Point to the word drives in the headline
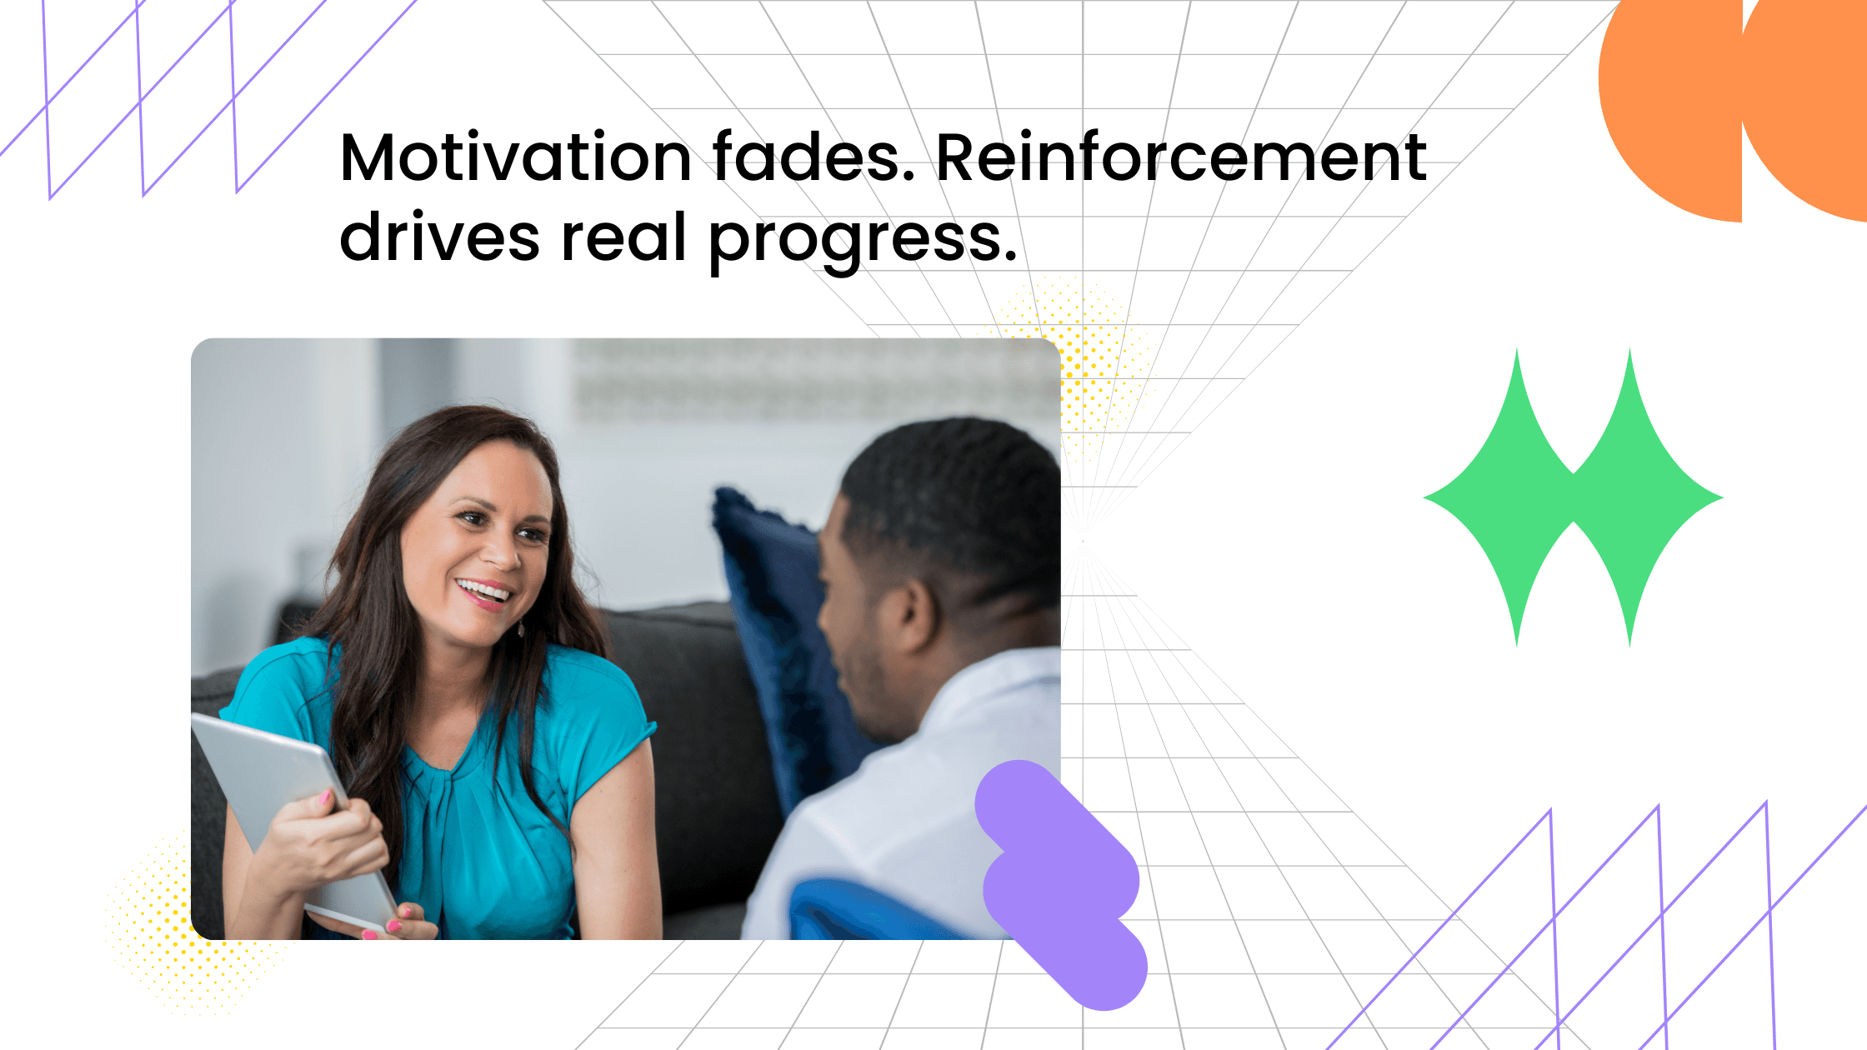tap(439, 237)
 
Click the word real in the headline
tap(623, 237)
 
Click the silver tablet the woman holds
tap(275, 783)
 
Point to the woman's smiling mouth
tap(483, 592)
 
